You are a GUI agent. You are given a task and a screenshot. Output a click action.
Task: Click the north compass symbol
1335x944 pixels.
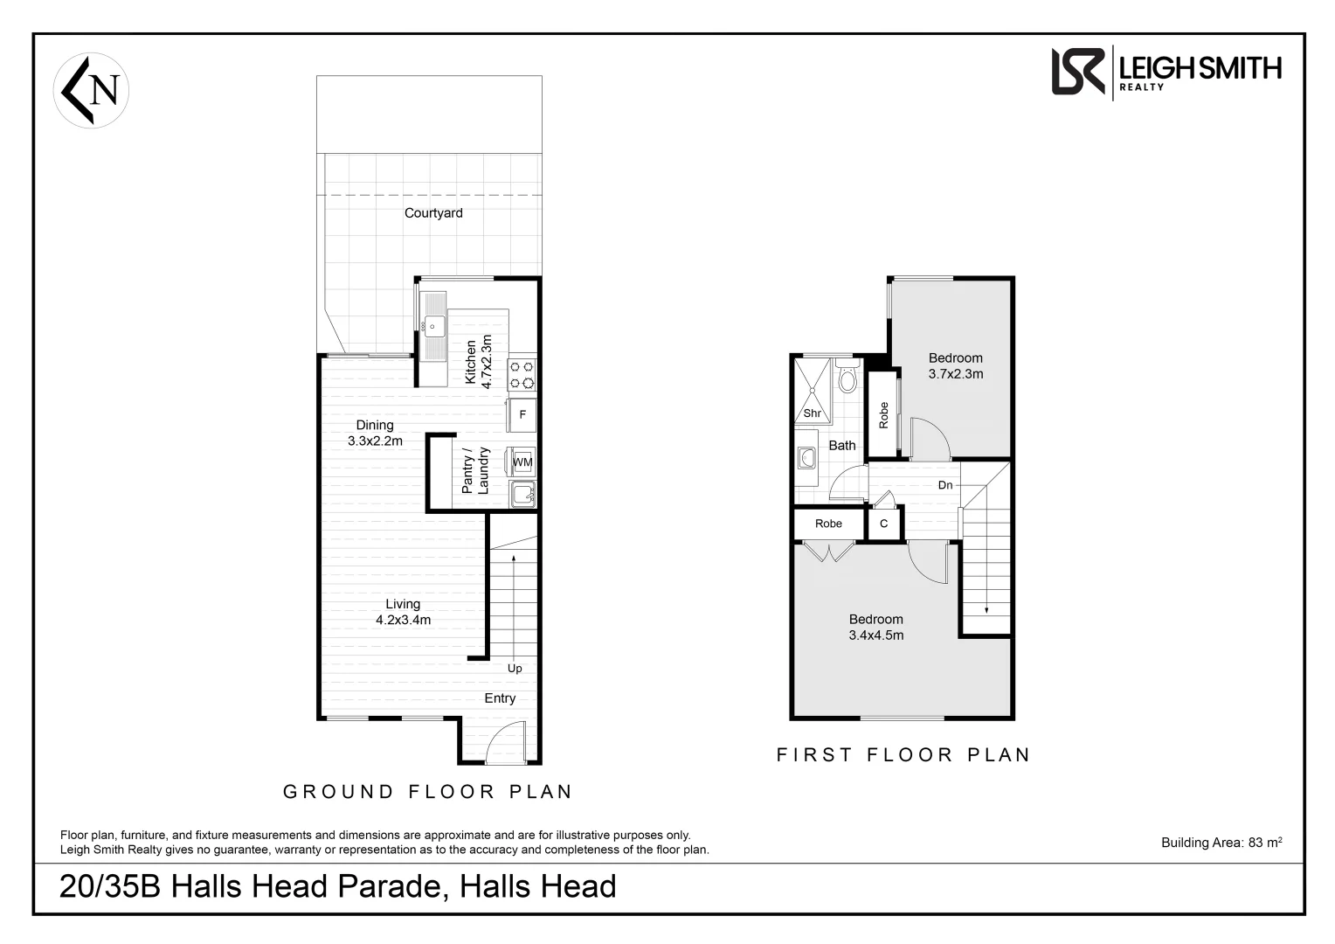point(92,91)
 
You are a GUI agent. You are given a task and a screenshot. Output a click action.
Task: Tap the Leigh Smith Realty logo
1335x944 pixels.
point(1166,71)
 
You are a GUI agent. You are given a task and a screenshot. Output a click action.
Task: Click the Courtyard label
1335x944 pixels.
point(433,213)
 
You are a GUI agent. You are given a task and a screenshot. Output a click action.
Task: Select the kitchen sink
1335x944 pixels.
point(432,327)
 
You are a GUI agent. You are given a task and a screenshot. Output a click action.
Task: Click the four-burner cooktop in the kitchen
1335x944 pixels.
point(522,374)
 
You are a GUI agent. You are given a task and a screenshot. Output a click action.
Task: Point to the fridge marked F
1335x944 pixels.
point(522,415)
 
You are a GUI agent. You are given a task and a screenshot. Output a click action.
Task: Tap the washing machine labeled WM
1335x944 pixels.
point(522,462)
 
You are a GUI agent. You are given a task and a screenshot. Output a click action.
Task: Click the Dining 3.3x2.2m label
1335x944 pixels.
point(375,433)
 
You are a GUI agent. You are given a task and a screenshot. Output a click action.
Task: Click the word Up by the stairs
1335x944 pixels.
point(515,669)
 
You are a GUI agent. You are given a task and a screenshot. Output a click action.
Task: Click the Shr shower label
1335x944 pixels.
point(812,413)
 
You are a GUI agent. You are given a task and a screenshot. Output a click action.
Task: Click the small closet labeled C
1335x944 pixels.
point(883,524)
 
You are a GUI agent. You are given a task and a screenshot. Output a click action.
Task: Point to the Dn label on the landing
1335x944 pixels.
point(945,485)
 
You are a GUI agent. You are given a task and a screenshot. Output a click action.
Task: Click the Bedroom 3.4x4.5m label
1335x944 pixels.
point(875,627)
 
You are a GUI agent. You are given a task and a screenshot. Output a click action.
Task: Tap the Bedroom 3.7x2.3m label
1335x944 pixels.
point(955,365)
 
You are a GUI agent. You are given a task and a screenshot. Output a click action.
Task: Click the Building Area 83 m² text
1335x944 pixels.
point(1221,843)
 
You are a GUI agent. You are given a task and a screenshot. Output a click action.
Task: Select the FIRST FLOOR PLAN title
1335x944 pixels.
point(903,754)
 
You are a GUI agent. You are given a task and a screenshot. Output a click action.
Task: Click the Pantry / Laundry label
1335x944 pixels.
point(475,471)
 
